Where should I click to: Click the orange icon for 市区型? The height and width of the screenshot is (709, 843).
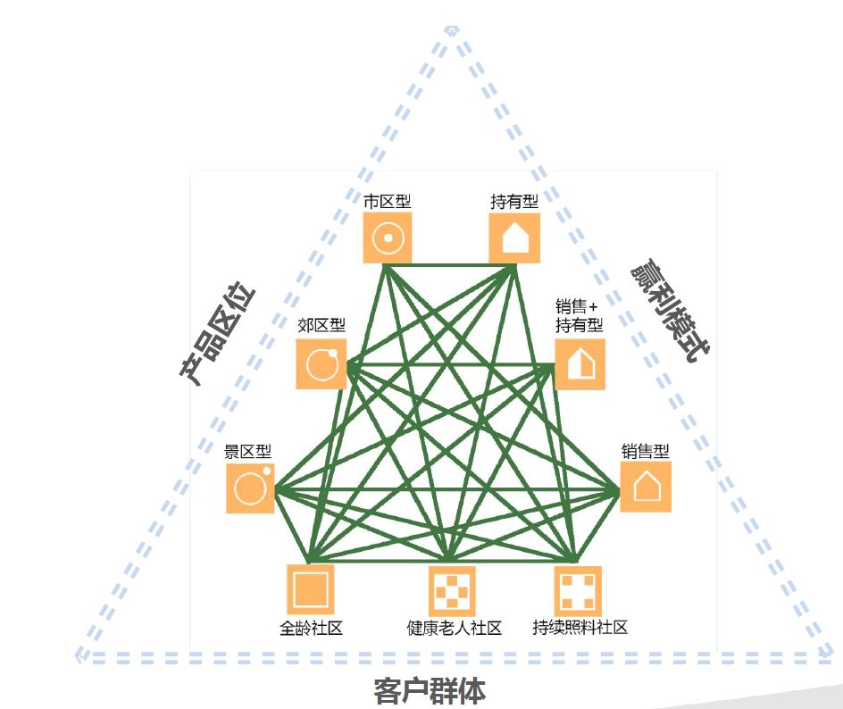click(388, 238)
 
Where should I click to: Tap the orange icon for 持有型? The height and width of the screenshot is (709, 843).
click(514, 238)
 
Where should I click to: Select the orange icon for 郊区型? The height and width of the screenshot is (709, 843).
click(321, 363)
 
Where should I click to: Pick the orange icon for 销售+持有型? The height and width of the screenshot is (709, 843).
click(580, 364)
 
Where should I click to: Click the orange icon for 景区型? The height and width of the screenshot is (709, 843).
click(251, 488)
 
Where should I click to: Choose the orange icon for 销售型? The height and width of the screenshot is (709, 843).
click(646, 487)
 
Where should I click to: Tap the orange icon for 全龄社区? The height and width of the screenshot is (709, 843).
click(310, 589)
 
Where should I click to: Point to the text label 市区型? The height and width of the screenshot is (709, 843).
click(388, 201)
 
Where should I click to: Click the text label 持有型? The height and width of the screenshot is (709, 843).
click(514, 201)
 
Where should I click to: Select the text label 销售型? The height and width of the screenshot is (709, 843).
click(645, 451)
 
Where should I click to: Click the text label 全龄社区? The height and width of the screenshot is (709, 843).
click(311, 628)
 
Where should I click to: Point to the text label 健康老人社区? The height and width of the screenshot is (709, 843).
click(454, 628)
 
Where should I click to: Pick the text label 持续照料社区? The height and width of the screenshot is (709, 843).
click(580, 627)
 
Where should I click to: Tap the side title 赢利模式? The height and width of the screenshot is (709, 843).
click(670, 313)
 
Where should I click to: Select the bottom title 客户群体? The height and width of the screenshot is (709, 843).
click(429, 691)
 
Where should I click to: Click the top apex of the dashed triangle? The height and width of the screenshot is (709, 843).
click(452, 30)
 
